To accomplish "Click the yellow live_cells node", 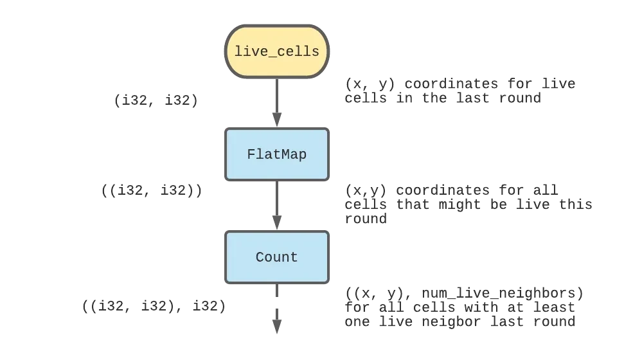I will tap(277, 51).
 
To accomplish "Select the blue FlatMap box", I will tap(277, 154).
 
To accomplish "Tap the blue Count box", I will tap(277, 257).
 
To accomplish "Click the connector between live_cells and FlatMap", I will tap(277, 103).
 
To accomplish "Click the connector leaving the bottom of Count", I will tap(277, 309).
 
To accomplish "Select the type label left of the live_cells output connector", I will tap(157, 101).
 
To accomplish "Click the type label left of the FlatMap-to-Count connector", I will tap(152, 190).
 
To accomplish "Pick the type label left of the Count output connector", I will tap(154, 307).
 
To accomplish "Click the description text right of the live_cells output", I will tap(459, 91).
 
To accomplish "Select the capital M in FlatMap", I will tap(280, 154).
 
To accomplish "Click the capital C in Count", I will tap(260, 257).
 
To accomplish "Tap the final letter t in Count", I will tap(294, 257).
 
